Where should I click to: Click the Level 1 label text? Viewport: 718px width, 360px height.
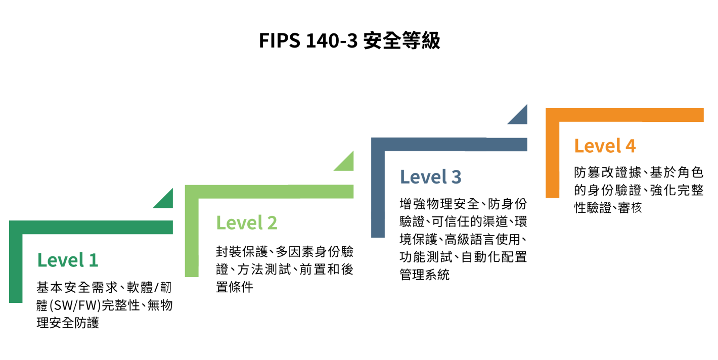(68, 260)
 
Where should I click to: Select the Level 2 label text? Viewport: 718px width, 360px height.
(246, 223)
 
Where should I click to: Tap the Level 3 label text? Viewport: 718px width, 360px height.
(430, 177)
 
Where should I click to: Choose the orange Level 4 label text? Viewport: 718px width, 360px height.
(605, 146)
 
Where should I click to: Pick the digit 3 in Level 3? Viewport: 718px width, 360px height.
(456, 177)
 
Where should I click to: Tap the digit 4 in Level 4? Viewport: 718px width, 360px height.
(630, 146)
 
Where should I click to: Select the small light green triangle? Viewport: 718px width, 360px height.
(347, 163)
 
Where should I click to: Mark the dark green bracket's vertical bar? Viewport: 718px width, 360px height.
(16, 268)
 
